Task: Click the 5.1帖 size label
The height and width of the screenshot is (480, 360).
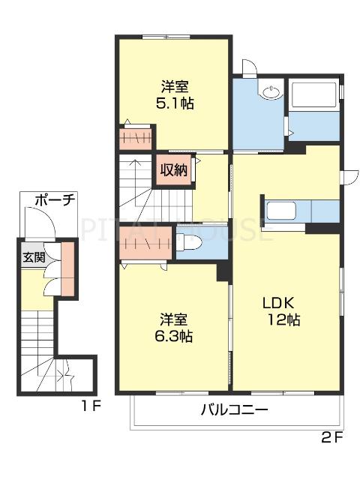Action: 175,104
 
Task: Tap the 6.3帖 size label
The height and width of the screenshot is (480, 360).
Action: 174,337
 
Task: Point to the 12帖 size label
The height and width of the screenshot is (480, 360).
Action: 285,320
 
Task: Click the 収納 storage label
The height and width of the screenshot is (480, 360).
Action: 173,169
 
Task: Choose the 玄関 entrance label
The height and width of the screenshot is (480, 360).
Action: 33,257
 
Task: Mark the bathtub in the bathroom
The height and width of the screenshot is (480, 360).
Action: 315,95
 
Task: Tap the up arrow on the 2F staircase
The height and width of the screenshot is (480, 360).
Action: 134,166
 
